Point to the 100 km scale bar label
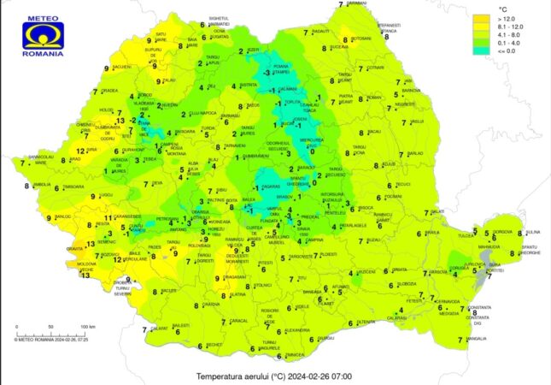tap(87, 328)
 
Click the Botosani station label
tap(361, 39)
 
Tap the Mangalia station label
tap(476, 339)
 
